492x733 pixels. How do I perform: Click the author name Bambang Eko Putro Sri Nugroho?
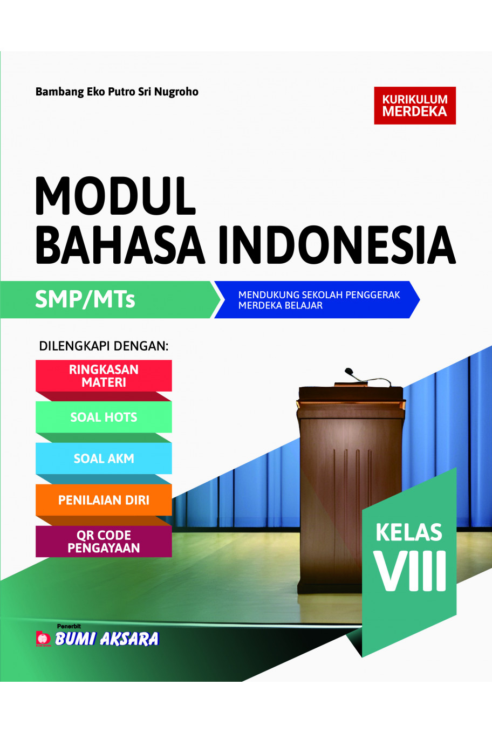click(x=117, y=92)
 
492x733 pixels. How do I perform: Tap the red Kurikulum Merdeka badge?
click(x=415, y=106)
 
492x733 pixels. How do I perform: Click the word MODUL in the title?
click(x=115, y=196)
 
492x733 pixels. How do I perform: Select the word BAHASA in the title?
click(x=120, y=245)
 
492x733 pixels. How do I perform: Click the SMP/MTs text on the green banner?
click(x=85, y=299)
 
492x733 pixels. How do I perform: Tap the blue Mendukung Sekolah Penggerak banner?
click(x=318, y=300)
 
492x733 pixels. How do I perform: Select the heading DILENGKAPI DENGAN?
click(x=104, y=346)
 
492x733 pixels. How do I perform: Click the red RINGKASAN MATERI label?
click(x=104, y=376)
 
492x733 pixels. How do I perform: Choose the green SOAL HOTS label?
click(x=104, y=417)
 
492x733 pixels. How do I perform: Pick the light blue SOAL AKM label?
click(x=104, y=458)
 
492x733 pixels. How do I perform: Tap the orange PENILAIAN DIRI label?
click(x=104, y=500)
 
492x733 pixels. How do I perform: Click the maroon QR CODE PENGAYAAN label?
click(x=104, y=542)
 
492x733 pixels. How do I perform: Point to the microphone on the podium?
click(x=349, y=372)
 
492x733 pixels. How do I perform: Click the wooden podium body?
click(x=345, y=485)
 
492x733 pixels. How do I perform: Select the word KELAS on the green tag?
click(x=409, y=532)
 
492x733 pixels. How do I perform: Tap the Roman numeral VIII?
click(x=411, y=571)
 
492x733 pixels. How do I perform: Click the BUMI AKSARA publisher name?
click(x=107, y=639)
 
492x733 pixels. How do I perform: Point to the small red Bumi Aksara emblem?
click(x=43, y=639)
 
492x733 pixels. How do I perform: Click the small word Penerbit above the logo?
click(x=69, y=626)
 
